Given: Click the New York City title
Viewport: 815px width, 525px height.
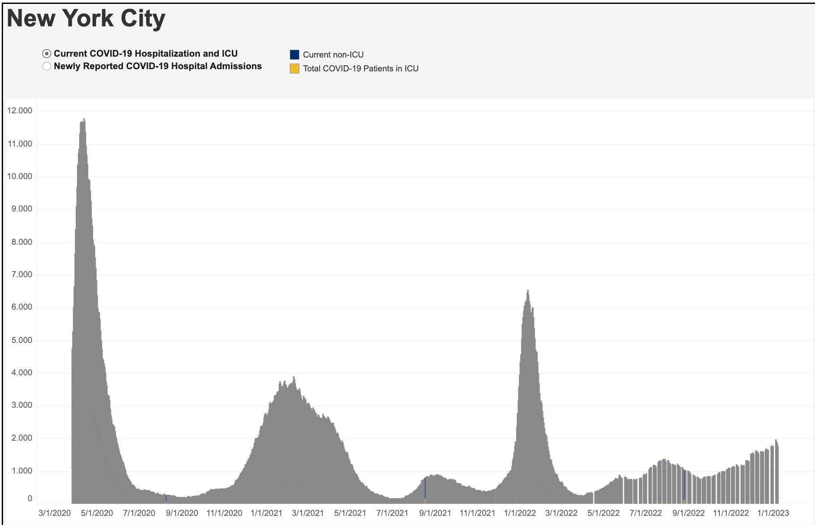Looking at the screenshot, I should click(86, 19).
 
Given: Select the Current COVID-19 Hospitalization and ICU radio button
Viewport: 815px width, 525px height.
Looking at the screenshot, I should click(47, 54).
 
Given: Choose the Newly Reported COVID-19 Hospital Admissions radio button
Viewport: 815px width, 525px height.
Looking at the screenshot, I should click(47, 66).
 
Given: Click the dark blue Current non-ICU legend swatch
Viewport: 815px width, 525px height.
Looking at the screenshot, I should click(294, 54).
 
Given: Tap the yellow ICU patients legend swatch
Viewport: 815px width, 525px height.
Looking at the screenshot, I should click(294, 68).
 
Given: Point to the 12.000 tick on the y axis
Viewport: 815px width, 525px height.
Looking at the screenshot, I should click(20, 111).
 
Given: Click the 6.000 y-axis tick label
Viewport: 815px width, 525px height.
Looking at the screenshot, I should click(20, 307).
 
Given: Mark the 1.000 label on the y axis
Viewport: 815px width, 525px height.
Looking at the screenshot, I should click(20, 471).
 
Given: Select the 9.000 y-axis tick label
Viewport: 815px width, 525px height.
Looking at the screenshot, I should click(20, 209).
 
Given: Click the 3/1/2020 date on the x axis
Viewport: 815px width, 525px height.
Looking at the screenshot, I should click(55, 513).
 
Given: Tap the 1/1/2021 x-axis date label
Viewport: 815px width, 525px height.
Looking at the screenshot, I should click(266, 513).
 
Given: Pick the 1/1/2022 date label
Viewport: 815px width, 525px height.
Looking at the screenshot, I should click(520, 513).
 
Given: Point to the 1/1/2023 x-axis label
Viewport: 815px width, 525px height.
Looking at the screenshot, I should click(773, 513).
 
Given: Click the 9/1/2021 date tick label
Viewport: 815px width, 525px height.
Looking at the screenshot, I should click(435, 513).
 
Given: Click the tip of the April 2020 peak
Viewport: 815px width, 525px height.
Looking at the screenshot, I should click(84, 119).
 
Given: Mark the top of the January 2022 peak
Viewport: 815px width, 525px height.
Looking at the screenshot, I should click(528, 291).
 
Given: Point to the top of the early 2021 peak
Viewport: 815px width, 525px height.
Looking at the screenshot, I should click(294, 378).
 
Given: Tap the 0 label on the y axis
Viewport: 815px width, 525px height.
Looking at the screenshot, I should click(30, 499).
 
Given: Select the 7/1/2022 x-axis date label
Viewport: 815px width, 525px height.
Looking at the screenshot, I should click(645, 513).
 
